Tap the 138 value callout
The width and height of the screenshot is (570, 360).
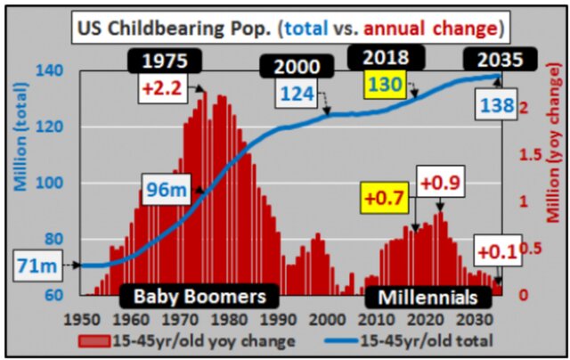497,106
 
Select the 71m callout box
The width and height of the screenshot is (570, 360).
37,265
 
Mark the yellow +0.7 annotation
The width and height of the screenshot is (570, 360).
384,193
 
